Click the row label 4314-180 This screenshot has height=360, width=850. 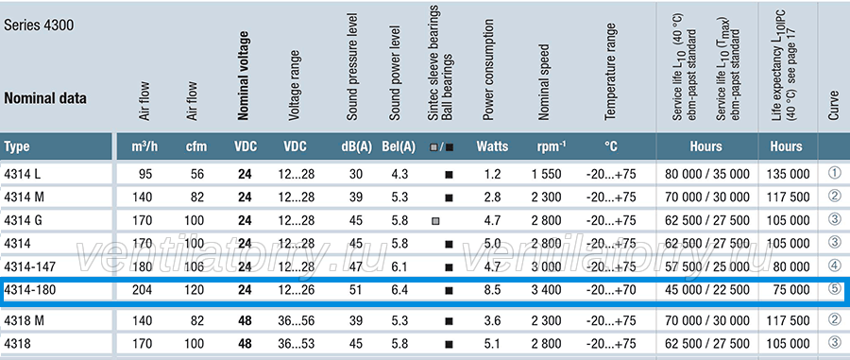point(30,290)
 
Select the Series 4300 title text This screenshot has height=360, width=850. point(39,26)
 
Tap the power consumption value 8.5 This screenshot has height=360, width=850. point(492,290)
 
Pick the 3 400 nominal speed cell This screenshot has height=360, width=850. point(547,290)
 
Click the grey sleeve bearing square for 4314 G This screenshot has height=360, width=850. point(434,221)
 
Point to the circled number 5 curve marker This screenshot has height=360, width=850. point(835,289)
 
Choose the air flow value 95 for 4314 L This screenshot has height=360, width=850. point(145,174)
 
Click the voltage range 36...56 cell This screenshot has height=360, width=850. point(296,320)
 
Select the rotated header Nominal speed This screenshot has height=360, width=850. point(544,82)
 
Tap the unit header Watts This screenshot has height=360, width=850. point(492,146)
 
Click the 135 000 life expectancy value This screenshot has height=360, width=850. point(789,174)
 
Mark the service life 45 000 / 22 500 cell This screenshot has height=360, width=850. point(705,290)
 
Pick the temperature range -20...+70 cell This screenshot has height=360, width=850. point(611,290)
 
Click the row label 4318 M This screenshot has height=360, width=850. point(24,320)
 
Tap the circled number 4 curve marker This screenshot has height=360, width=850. point(835,266)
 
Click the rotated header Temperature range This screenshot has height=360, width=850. point(610,72)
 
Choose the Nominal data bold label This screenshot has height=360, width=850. point(45,98)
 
